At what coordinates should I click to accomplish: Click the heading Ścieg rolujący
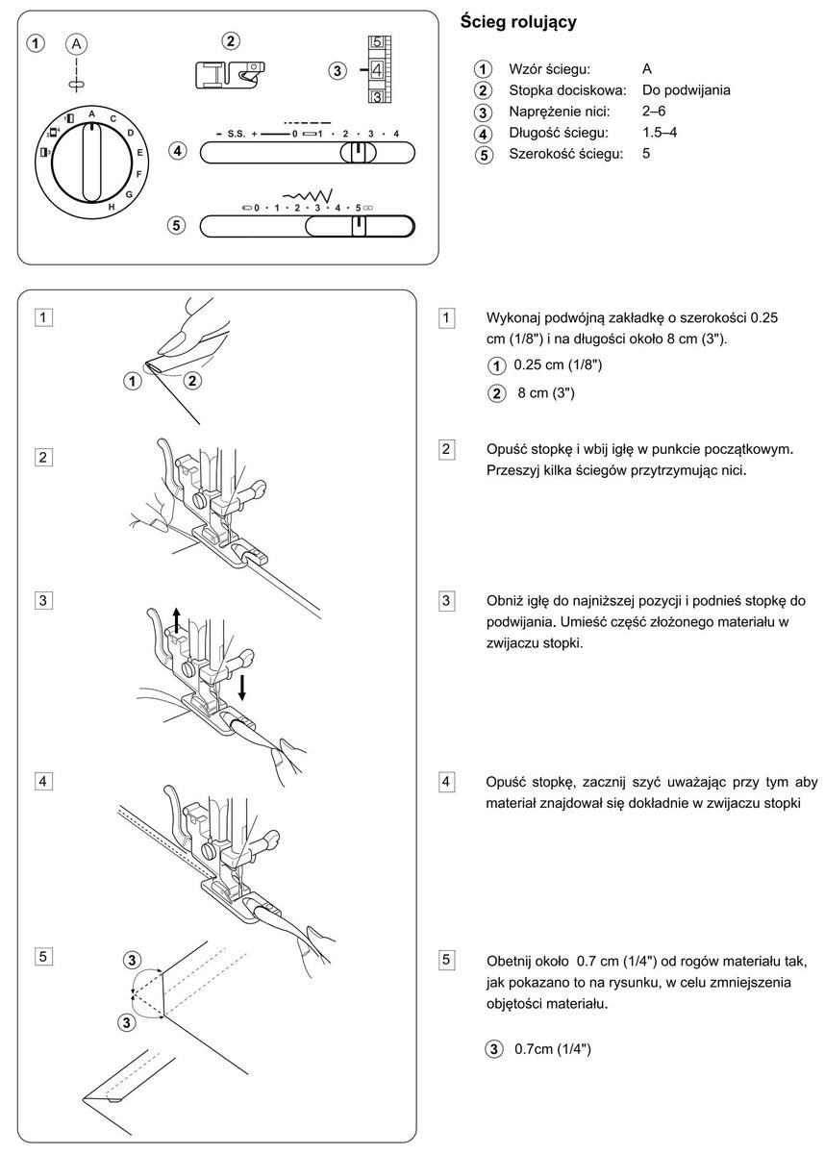click(x=518, y=21)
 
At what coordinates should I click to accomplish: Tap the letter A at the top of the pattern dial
click(x=91, y=113)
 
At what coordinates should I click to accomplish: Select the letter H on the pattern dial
click(x=112, y=207)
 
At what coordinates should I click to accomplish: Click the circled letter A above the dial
click(x=76, y=44)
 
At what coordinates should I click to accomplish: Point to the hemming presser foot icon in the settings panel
click(x=230, y=74)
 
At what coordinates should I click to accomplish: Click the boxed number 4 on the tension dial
click(x=377, y=70)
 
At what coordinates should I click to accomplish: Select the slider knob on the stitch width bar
click(x=358, y=225)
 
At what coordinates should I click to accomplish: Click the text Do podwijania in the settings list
click(x=686, y=90)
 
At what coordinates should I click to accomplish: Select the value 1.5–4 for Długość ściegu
click(x=659, y=132)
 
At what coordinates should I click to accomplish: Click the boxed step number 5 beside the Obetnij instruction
click(x=447, y=959)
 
